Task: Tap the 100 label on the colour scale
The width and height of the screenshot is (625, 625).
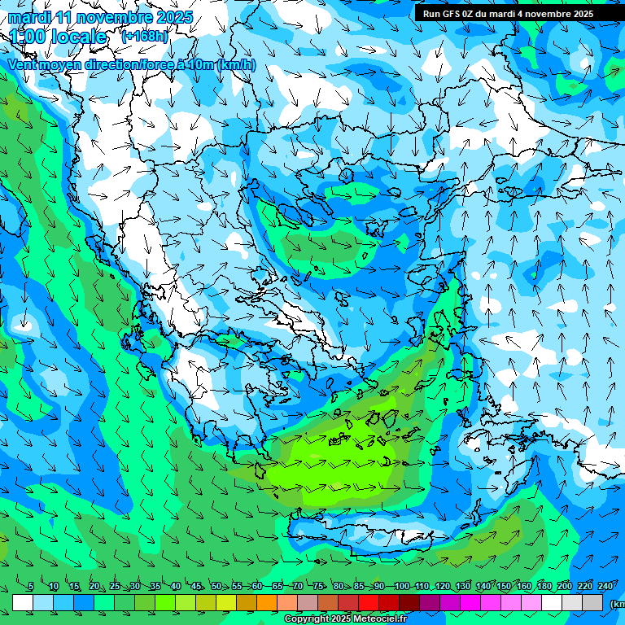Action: point(401,587)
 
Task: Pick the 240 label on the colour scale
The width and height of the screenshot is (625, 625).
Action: point(605,587)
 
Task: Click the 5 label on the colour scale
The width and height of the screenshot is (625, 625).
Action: point(31,587)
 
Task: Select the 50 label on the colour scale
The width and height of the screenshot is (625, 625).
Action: point(216,587)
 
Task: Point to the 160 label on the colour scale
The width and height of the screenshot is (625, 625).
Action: point(523,587)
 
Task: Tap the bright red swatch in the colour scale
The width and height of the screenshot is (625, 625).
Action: point(369,602)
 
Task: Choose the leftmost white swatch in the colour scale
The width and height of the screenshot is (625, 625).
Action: point(23,602)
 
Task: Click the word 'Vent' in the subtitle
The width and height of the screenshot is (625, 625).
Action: point(24,65)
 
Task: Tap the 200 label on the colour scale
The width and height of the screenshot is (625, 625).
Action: point(564,587)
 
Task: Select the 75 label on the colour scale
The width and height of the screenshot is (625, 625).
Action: point(318,587)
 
